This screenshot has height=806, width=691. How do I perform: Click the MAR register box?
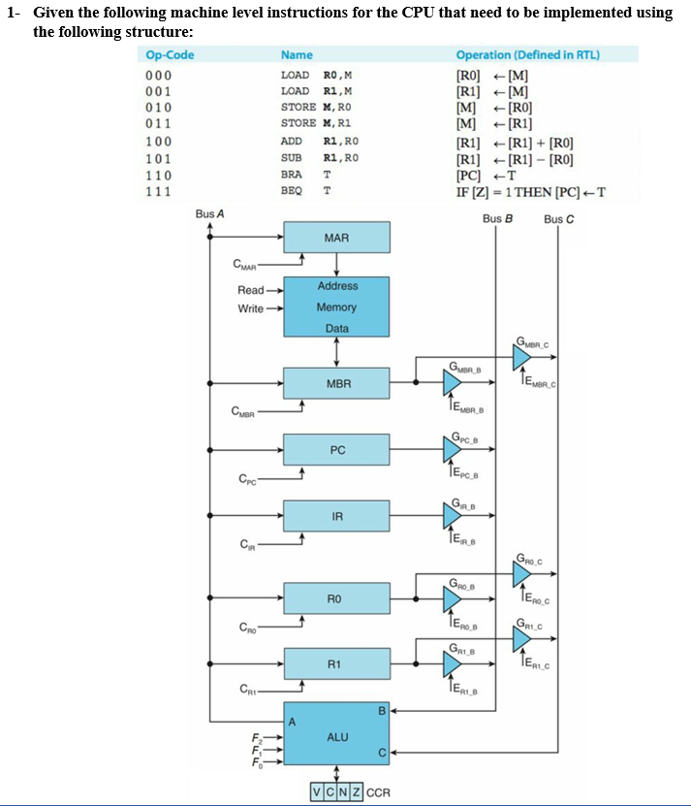coord(336,238)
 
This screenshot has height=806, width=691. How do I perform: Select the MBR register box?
coord(336,383)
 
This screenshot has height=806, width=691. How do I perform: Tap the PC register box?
coord(336,450)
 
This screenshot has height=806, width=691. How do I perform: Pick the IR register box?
coord(336,516)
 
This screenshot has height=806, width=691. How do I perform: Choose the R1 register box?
coord(336,664)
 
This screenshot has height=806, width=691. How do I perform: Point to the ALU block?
coord(336,737)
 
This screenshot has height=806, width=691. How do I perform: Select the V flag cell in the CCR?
coord(318,791)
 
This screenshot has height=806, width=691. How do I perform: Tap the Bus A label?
coord(209,213)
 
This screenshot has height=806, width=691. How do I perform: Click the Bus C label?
coord(559,219)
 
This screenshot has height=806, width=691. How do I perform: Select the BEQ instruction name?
coord(292,191)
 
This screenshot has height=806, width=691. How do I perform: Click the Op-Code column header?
coord(170,55)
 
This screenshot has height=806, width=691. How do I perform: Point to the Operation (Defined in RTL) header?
coord(527,55)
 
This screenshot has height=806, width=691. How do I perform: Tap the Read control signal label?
coord(250,290)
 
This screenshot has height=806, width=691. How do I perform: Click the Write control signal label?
coord(250,308)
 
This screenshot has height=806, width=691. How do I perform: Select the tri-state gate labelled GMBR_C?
coord(521,358)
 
